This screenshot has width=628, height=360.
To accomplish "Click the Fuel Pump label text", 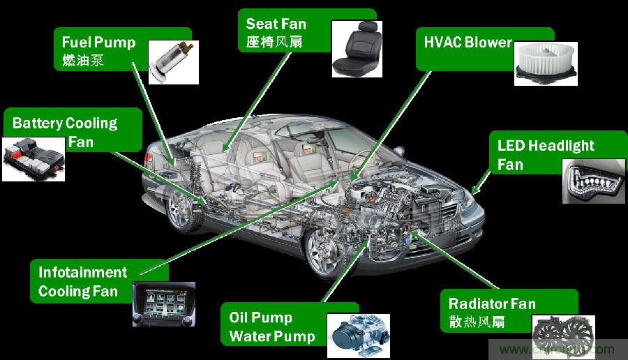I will pos(98,42).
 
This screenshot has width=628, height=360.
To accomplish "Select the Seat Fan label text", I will pos(276,24).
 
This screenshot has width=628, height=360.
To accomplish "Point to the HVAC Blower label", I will pos(468,42).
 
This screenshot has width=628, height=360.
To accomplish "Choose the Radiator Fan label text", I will pos(492,303).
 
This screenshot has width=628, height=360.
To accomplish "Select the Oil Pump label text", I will pos(260,317).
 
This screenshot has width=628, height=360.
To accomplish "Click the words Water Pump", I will pos(271,336).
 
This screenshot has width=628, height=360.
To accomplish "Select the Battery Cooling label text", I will pos(65,123).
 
